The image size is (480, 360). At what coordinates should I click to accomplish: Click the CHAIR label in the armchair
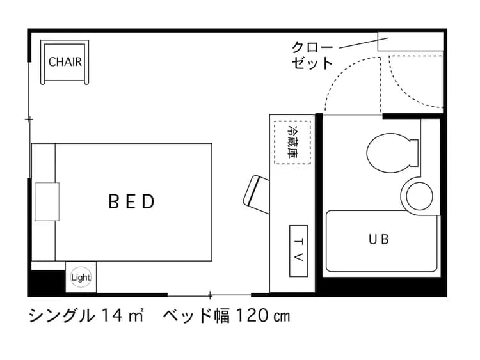point(65,63)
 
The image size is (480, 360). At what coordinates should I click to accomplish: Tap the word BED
point(131,202)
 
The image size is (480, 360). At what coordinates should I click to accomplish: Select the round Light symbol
point(81,278)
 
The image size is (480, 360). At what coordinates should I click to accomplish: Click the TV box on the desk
point(298,251)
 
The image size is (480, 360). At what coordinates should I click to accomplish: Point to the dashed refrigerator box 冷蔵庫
point(292,141)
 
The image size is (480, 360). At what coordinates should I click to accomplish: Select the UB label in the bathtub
point(378,240)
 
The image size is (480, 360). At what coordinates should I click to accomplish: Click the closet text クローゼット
point(312,55)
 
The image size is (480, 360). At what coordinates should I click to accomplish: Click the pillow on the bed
point(47,201)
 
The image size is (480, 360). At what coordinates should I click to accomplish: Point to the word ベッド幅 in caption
point(196,316)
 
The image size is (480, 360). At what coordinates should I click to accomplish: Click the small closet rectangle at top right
point(410,42)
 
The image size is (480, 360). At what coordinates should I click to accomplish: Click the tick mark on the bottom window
point(210,295)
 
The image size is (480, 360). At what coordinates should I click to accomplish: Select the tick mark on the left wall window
point(29,119)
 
